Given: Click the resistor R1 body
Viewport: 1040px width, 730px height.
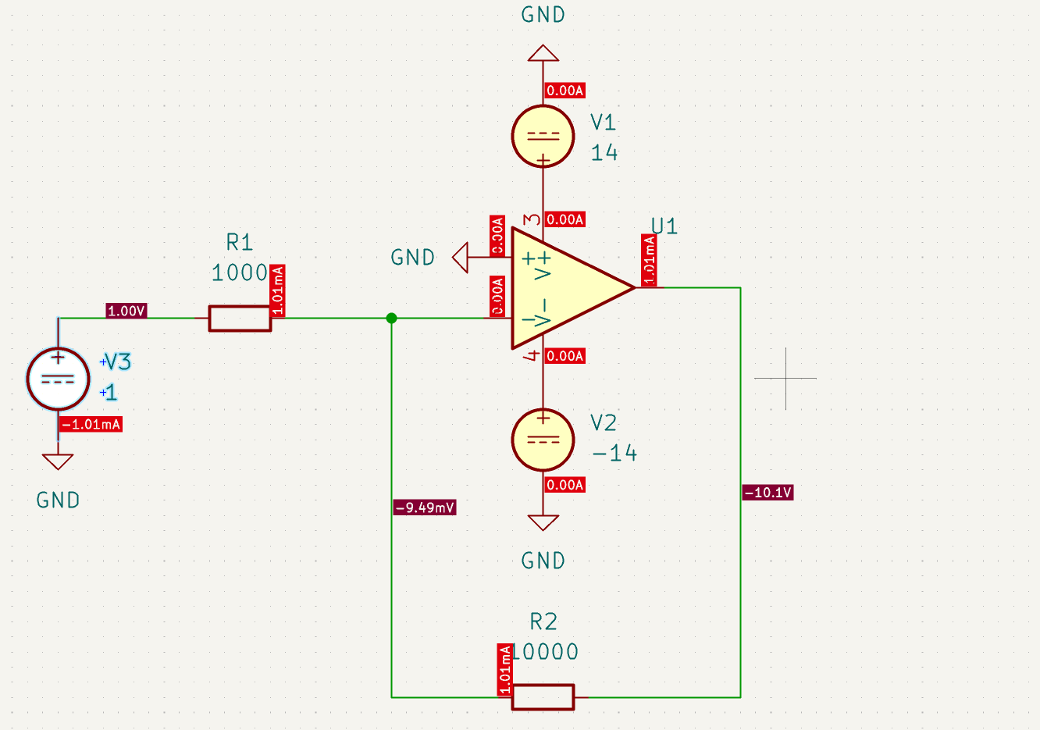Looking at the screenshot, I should click(x=240, y=319).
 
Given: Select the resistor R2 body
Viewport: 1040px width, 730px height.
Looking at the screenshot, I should click(x=543, y=696).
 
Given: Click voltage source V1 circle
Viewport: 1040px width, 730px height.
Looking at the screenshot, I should click(x=543, y=136).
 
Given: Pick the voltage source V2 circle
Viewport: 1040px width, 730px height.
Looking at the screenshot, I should click(x=543, y=440).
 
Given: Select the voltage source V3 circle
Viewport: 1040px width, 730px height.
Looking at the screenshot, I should click(x=58, y=379).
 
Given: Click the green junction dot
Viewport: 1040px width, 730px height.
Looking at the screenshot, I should click(x=391, y=318).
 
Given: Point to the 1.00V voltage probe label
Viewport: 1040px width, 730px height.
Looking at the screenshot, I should click(x=126, y=311).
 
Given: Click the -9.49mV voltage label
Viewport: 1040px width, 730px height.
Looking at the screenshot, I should click(x=426, y=507).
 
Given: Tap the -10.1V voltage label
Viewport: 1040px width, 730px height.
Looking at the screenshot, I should click(x=768, y=493).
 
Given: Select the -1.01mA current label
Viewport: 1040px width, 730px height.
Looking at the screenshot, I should click(x=91, y=425).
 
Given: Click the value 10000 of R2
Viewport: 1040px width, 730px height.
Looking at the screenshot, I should click(x=546, y=652).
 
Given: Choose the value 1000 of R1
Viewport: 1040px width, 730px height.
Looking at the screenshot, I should click(x=240, y=272).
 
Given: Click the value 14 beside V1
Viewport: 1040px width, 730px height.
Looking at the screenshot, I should click(x=604, y=152).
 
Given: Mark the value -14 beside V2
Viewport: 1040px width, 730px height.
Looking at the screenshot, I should click(x=614, y=454).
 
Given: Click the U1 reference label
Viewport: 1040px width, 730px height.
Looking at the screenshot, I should click(x=664, y=226).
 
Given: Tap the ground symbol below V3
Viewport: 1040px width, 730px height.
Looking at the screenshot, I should click(x=58, y=461).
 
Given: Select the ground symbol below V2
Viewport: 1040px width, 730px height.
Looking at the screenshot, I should click(x=543, y=522).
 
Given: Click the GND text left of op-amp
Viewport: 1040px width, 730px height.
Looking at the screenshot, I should click(x=412, y=258).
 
